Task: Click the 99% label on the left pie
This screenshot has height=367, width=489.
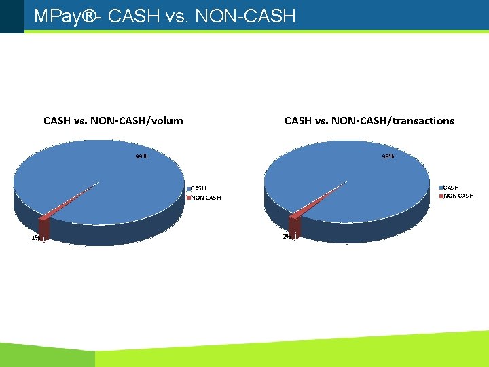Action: tap(141, 157)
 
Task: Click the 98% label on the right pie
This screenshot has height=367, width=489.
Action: tap(388, 156)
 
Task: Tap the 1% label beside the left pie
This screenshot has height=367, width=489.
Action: tap(35, 238)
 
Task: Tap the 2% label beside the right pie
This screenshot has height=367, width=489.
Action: tap(286, 236)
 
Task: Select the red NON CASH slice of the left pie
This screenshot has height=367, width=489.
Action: tap(43, 228)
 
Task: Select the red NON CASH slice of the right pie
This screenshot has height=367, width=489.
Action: tap(295, 225)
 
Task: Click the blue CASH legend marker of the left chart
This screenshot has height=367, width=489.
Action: tap(189, 188)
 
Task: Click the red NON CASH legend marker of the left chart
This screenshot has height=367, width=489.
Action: tap(189, 198)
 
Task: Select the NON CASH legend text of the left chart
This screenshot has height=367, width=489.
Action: tap(206, 198)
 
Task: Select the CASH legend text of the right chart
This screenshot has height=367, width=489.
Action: tap(451, 187)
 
